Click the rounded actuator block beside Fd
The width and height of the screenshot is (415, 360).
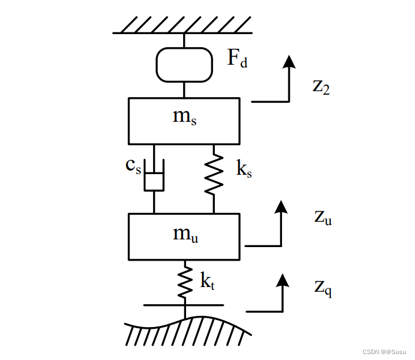point(184,64)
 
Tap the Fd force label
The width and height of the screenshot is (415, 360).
point(237,58)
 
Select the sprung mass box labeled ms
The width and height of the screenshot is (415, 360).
point(184,121)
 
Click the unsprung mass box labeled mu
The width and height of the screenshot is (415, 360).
point(184,236)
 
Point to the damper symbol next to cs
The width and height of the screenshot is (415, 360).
point(154,181)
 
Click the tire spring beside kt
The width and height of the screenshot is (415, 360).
point(185,282)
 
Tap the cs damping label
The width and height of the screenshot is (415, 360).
point(134,165)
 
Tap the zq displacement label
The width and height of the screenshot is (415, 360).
point(323,288)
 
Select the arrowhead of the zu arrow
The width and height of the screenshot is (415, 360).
point(281,206)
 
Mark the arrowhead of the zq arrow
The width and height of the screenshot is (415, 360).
point(284,279)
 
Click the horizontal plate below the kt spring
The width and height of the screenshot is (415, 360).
point(184,305)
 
